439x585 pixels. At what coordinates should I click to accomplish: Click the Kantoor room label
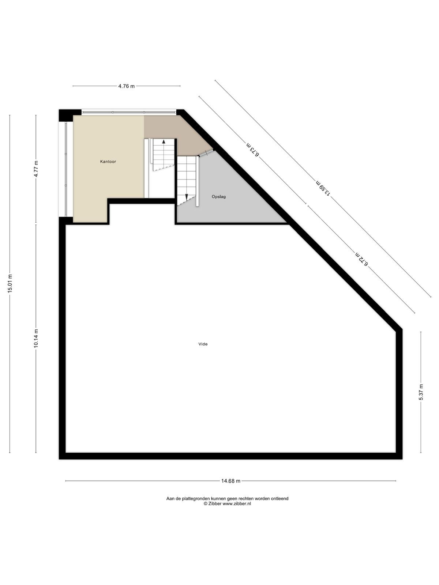(x=108, y=162)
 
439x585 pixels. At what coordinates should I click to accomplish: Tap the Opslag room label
(x=218, y=197)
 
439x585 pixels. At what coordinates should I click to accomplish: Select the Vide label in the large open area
(x=203, y=344)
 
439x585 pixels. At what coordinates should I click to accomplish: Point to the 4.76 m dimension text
(x=126, y=86)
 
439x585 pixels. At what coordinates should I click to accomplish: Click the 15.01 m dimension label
(x=10, y=283)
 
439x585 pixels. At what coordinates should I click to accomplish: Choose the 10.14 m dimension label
(x=36, y=338)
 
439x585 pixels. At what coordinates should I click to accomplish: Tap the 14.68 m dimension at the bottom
(x=231, y=481)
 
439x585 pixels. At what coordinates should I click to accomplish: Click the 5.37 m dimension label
(x=421, y=392)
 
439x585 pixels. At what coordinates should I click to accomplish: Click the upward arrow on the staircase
(x=164, y=141)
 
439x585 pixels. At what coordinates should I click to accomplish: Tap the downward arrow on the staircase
(x=187, y=197)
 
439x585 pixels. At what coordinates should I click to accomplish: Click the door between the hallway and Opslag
(x=207, y=153)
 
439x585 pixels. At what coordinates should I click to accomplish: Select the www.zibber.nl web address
(x=237, y=504)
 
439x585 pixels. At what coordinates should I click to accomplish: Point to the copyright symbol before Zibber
(x=206, y=504)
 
